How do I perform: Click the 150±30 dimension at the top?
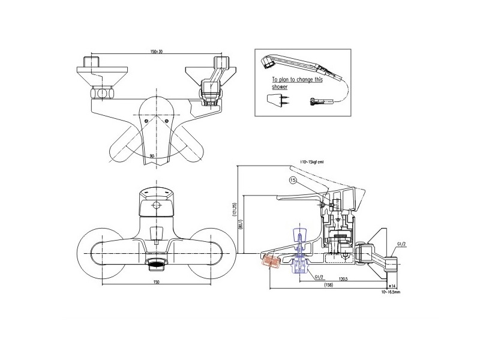(x=155, y=52)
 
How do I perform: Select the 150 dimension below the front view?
(x=156, y=281)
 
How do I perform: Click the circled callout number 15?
(x=293, y=180)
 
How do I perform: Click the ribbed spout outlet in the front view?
(x=156, y=263)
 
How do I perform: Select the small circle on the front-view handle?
(x=156, y=206)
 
